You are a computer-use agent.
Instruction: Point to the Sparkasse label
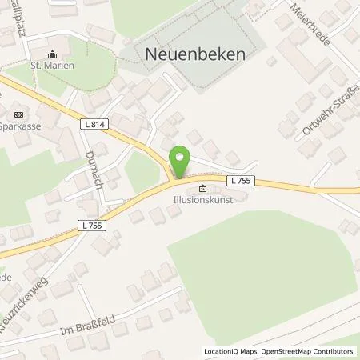click(22, 126)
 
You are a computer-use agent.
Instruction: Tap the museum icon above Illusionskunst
click(202, 190)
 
